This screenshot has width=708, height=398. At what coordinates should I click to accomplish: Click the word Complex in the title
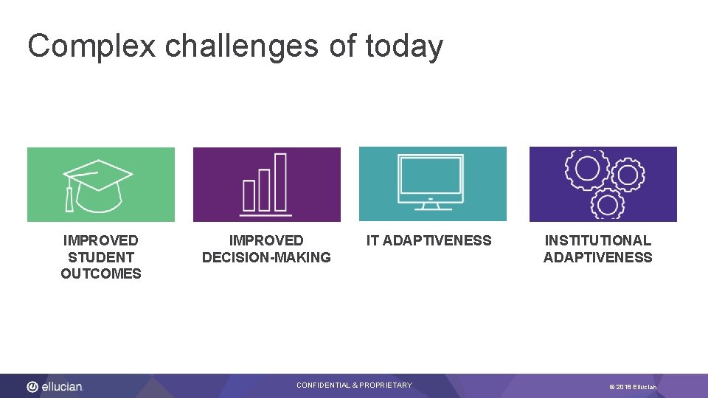pyautogui.click(x=91, y=46)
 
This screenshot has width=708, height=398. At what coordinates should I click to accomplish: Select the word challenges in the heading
pyautogui.click(x=243, y=46)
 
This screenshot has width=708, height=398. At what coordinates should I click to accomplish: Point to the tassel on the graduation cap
pyautogui.click(x=69, y=198)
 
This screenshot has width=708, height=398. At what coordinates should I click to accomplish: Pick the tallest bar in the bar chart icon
pyautogui.click(x=280, y=181)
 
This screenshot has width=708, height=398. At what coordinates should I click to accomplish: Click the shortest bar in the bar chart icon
pyautogui.click(x=249, y=195)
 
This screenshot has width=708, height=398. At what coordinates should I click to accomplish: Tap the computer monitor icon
pyautogui.click(x=431, y=179)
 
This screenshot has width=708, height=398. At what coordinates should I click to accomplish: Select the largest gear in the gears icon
pyautogui.click(x=588, y=168)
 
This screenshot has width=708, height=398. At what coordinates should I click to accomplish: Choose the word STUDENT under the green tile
pyautogui.click(x=101, y=257)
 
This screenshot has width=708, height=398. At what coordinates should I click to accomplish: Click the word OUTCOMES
pyautogui.click(x=101, y=274)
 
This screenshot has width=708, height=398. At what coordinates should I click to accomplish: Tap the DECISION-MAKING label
pyautogui.click(x=266, y=257)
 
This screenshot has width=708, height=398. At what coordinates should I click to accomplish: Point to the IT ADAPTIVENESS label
pyautogui.click(x=428, y=240)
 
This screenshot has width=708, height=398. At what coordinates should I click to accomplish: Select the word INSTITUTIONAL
pyautogui.click(x=597, y=240)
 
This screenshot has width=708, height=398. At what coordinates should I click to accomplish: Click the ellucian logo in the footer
pyautogui.click(x=55, y=386)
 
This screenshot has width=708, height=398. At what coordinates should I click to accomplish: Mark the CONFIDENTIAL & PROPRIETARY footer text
pyautogui.click(x=354, y=385)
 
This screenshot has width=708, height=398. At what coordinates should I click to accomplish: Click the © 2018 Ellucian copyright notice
pyautogui.click(x=633, y=387)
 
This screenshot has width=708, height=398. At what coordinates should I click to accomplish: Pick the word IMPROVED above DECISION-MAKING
pyautogui.click(x=266, y=240)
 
